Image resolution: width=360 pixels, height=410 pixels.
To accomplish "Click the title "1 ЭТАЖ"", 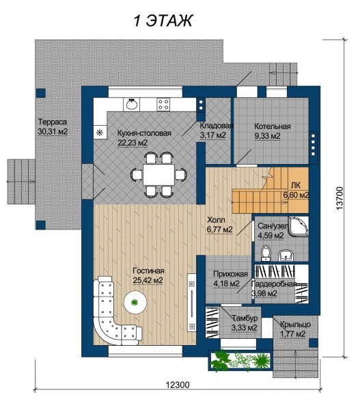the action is pos(163,20).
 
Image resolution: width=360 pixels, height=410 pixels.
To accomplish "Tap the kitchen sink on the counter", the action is pos(132,105).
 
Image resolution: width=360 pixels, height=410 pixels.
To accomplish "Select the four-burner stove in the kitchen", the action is pos(164,105).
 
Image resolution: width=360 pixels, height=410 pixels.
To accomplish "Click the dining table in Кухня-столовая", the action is pos(159,174).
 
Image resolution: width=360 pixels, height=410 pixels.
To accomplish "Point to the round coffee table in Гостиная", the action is pos(135,303).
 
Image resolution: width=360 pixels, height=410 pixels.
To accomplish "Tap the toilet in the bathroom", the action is pos(266,253).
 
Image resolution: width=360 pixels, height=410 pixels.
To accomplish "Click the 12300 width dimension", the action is pos(178,385).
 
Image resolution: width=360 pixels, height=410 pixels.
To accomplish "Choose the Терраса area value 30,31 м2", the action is pos(53,131).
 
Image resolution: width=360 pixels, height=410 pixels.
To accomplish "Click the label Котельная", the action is pos(273,126).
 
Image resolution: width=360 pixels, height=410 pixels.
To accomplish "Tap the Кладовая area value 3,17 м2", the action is pos(213,135).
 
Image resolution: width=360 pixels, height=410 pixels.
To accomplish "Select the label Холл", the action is pos(216,219).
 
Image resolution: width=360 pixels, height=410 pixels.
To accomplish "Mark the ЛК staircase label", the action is pos(296,185).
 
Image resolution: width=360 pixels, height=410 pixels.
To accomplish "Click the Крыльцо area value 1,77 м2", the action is pos(292,334).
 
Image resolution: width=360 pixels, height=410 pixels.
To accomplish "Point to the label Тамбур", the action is pos(245,318).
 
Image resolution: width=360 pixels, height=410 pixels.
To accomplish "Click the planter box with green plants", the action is pos(240,360).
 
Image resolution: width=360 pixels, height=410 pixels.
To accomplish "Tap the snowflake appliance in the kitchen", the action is pos(100,133).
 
